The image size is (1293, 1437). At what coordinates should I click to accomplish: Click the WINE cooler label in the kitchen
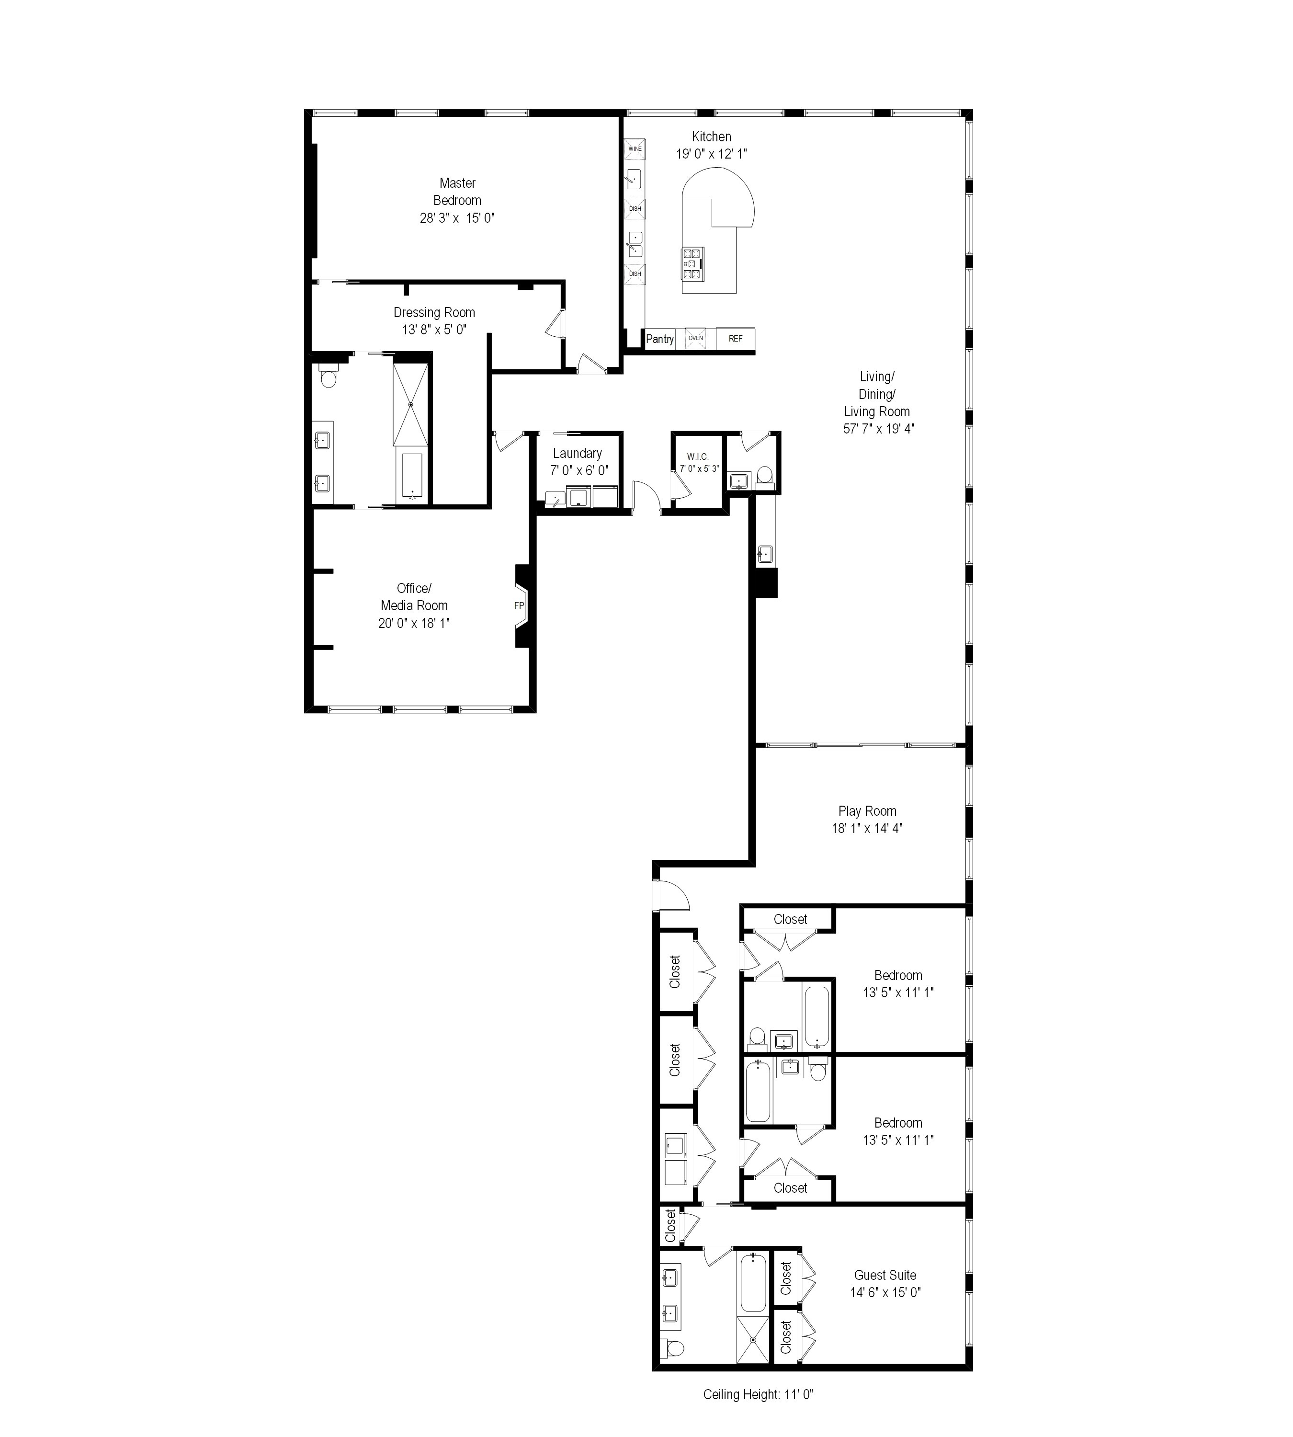click(635, 148)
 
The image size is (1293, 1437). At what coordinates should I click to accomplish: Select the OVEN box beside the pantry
click(695, 338)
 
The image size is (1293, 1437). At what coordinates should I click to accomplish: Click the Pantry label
click(659, 339)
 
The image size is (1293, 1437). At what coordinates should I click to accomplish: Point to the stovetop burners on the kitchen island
click(692, 263)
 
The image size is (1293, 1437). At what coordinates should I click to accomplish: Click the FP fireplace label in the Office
click(519, 605)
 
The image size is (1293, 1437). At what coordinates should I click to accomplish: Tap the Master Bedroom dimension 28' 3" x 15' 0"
click(457, 217)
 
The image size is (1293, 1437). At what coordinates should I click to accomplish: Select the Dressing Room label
click(434, 312)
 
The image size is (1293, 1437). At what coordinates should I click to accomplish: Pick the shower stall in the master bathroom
click(412, 404)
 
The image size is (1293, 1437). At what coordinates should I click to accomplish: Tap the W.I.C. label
click(698, 456)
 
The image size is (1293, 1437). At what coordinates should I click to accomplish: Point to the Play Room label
click(867, 811)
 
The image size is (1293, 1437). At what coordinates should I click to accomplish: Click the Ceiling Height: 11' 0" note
click(757, 1394)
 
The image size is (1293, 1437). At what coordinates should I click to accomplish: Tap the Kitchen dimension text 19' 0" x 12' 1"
click(711, 153)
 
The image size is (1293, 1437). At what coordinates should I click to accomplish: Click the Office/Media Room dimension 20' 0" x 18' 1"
click(413, 623)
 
